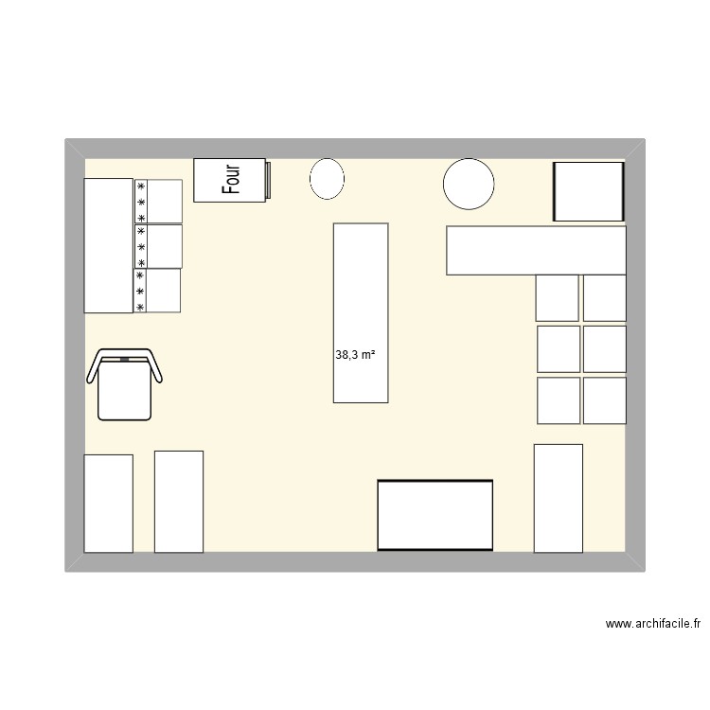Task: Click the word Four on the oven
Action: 231,179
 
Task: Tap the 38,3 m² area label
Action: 355,356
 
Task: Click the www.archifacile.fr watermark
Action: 653,624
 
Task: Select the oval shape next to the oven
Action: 328,179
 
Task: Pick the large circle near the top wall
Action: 470,184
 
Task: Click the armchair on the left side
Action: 126,383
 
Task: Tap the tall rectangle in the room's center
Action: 361,312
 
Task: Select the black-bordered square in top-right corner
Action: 588,191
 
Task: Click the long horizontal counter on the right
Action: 536,250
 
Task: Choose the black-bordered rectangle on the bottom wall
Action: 435,515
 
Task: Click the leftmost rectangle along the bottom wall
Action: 109,503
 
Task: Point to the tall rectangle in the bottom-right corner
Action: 559,497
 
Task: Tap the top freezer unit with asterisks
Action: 158,201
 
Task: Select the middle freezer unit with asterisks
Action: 158,246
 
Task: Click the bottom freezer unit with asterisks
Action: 158,291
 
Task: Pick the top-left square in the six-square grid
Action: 557,297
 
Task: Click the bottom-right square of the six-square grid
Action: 604,400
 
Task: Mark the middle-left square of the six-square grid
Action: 559,348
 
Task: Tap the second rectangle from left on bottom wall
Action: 179,502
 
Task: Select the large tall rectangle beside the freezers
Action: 109,245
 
